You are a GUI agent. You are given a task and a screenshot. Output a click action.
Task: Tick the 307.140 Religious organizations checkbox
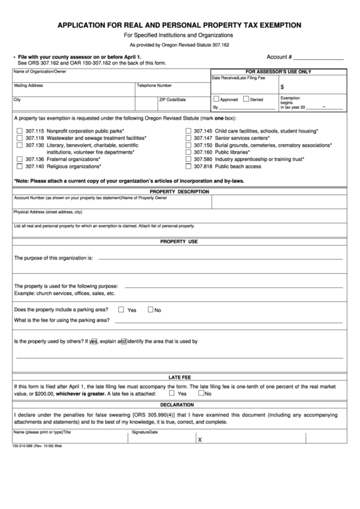tap(19, 166)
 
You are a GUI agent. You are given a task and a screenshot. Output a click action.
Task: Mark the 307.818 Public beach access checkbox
tap(187, 166)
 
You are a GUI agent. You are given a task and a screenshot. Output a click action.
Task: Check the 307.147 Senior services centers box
tap(187, 137)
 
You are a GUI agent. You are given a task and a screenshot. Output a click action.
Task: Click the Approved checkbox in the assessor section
tap(216, 99)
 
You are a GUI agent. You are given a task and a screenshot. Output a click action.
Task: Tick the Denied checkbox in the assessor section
tap(245, 99)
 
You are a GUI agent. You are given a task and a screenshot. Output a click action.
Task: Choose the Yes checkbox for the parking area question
tap(121, 310)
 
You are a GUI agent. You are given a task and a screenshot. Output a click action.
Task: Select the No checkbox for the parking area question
tap(151, 310)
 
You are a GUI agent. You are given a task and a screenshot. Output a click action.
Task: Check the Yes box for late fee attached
tap(172, 393)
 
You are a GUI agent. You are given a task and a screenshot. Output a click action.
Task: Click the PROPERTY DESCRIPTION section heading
tap(179, 192)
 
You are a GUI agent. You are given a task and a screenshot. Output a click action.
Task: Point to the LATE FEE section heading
tap(179, 376)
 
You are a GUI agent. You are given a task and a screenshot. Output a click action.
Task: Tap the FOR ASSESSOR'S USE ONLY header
tap(278, 71)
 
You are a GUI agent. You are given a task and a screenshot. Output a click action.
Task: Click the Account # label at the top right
tap(279, 57)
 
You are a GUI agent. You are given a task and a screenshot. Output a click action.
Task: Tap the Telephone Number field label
tap(154, 86)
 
